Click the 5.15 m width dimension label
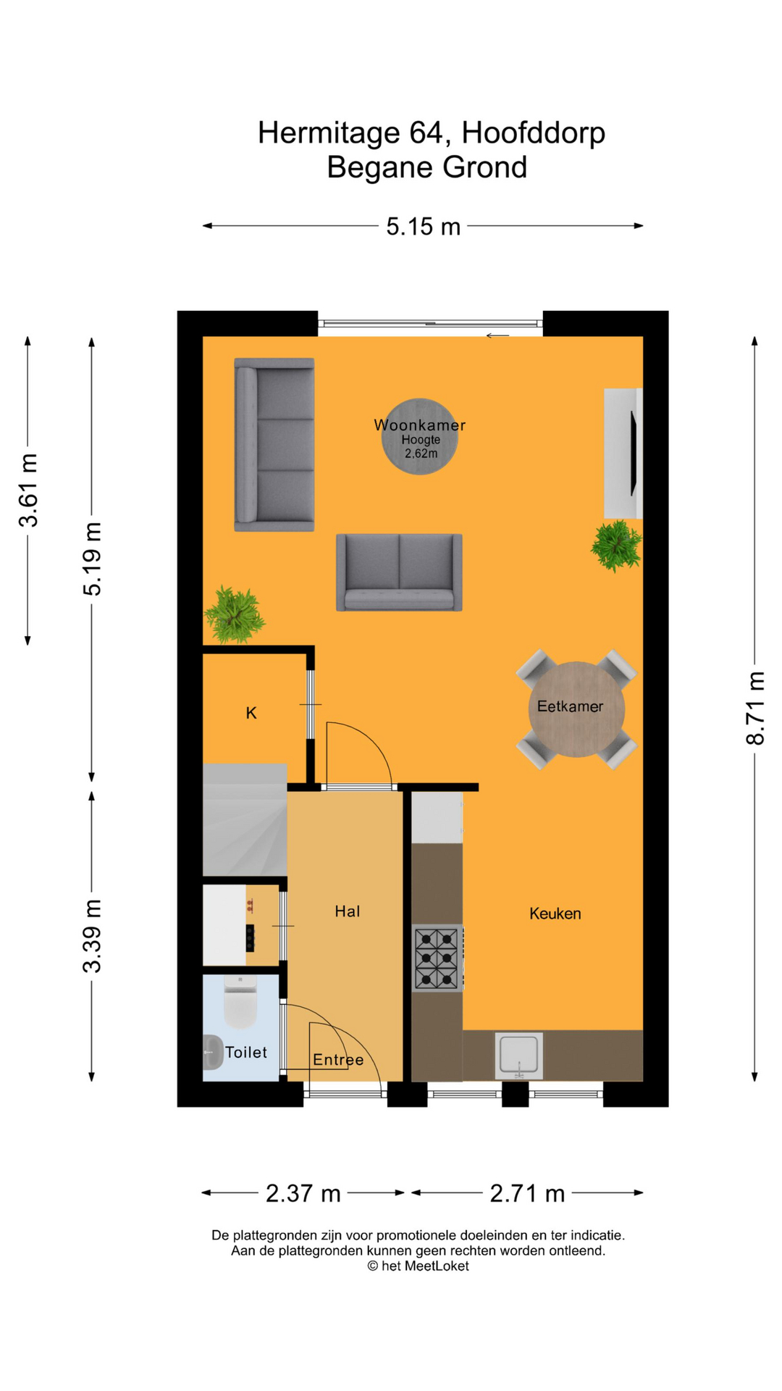(423, 227)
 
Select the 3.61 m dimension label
(28, 490)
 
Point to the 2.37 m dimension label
(303, 1193)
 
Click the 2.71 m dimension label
(527, 1193)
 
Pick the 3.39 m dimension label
(92, 935)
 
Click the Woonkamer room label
(419, 425)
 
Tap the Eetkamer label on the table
(570, 706)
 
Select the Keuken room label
(555, 914)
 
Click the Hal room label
(347, 911)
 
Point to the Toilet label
(246, 1052)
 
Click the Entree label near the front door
(338, 1060)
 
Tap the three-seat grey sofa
(274, 444)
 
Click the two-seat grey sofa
(399, 572)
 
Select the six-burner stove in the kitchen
(437, 958)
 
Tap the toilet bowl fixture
(240, 1003)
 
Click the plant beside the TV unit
(616, 546)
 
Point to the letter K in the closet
(251, 713)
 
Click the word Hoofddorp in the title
(533, 133)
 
